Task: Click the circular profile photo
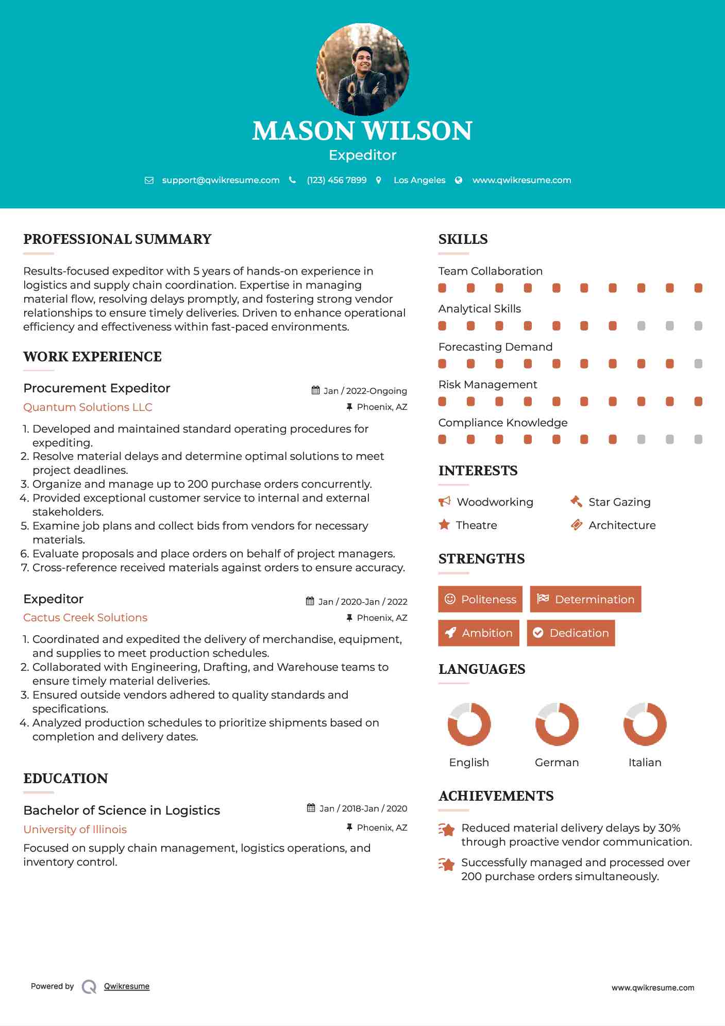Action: (x=362, y=69)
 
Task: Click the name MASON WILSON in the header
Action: (x=362, y=131)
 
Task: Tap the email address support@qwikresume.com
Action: (x=221, y=180)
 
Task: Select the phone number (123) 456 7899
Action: (x=336, y=180)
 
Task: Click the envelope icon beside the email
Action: (x=149, y=180)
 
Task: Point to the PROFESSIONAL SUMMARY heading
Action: (x=117, y=239)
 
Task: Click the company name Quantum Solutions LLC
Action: (x=88, y=407)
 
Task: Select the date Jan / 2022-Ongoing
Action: (x=365, y=391)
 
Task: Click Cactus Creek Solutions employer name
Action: (x=85, y=618)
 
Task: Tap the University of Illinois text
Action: (x=75, y=830)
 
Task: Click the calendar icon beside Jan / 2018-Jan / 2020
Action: (x=311, y=808)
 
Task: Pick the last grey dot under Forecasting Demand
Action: (x=698, y=364)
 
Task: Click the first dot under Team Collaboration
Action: (x=442, y=288)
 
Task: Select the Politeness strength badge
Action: (x=480, y=599)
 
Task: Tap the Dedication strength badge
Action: (x=571, y=633)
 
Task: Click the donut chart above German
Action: (x=557, y=724)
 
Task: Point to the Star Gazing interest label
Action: (x=619, y=502)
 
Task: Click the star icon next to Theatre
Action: (x=444, y=525)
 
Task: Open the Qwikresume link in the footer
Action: (x=127, y=986)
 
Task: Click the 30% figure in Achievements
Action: (x=669, y=828)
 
